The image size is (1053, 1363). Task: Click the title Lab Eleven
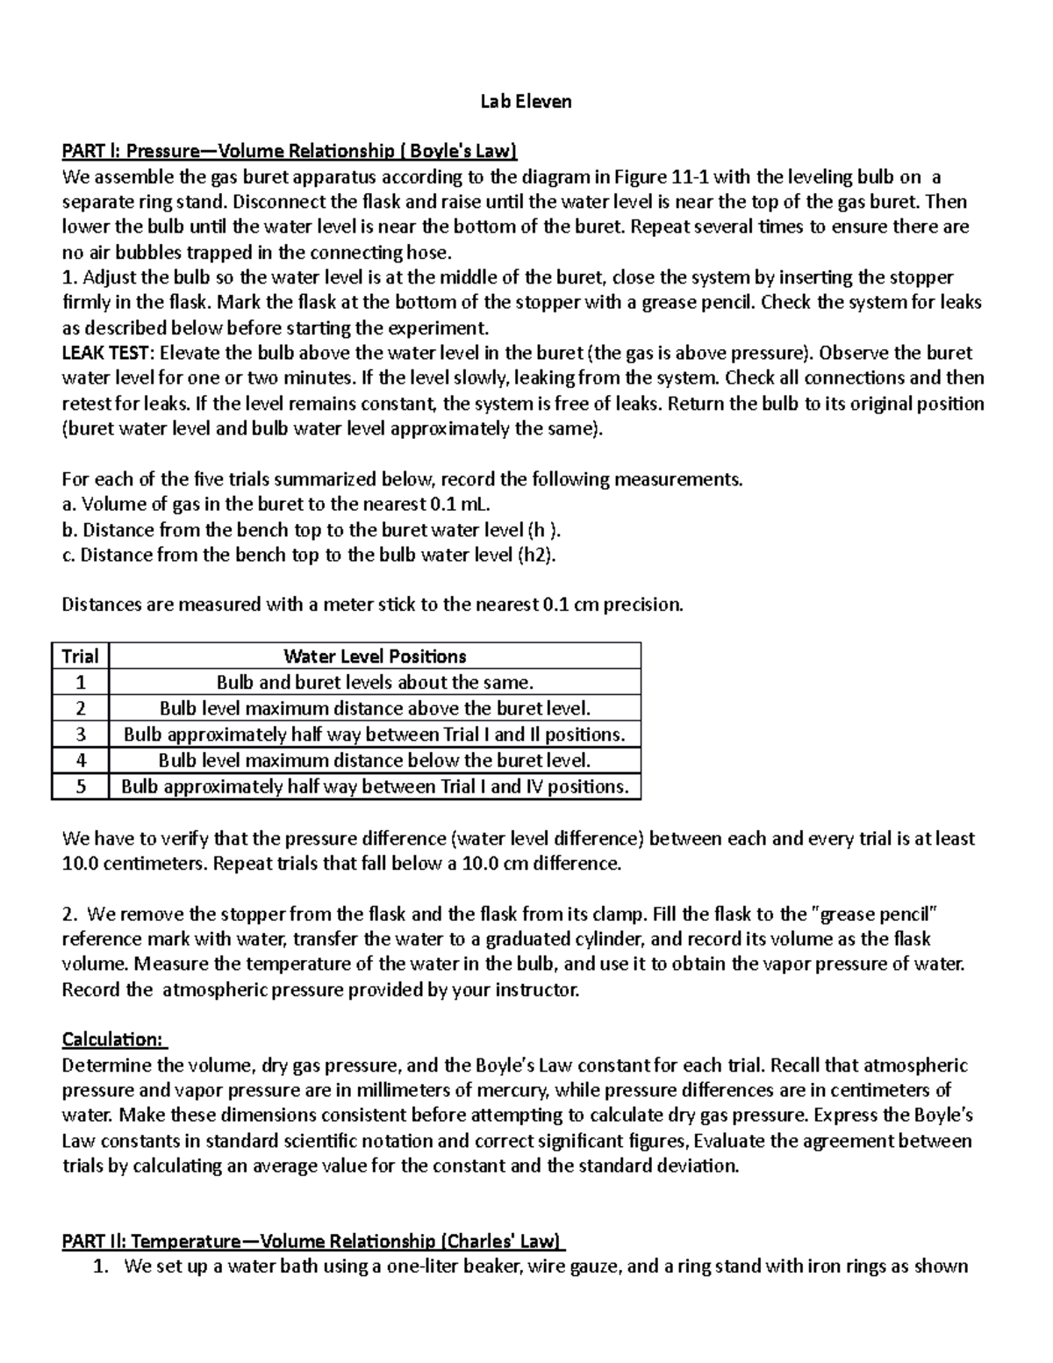pyautogui.click(x=526, y=102)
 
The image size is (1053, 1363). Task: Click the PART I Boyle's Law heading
pyautogui.click(x=290, y=152)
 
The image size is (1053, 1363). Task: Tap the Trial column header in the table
pyautogui.click(x=80, y=656)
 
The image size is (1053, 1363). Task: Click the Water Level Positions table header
pyautogui.click(x=375, y=656)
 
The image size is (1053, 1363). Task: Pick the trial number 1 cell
pyautogui.click(x=80, y=683)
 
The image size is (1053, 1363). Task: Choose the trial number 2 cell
pyautogui.click(x=80, y=708)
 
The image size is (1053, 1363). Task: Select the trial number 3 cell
pyautogui.click(x=80, y=735)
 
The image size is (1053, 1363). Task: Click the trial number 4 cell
pyautogui.click(x=80, y=760)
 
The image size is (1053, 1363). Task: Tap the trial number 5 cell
pyautogui.click(x=80, y=786)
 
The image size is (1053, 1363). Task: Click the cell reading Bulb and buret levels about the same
pyautogui.click(x=375, y=683)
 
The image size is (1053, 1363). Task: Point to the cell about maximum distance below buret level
pyautogui.click(x=375, y=760)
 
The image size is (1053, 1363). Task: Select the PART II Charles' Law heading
pyautogui.click(x=313, y=1241)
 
